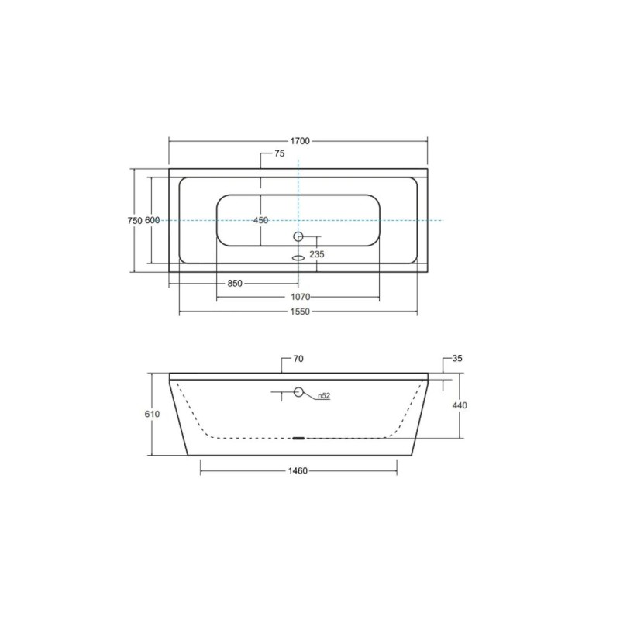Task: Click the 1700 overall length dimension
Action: tap(300, 141)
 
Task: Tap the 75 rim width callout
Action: tap(280, 153)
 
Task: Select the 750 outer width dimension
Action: tap(135, 221)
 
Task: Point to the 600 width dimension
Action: tap(152, 221)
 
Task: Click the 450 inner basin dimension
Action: tap(260, 220)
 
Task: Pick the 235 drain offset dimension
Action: tap(317, 254)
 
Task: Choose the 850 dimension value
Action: tap(235, 284)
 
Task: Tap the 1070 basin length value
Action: tap(301, 297)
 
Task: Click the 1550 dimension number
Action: tap(300, 312)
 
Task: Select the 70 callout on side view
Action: tap(298, 359)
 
